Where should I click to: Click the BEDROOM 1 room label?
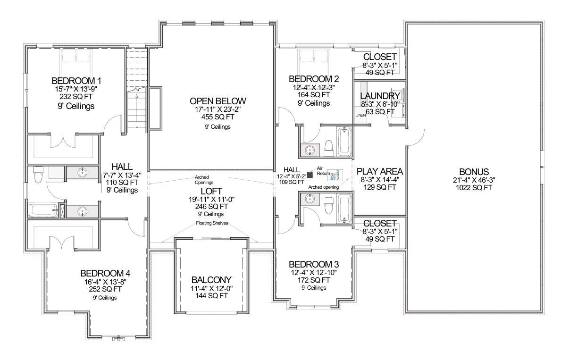tap(76, 80)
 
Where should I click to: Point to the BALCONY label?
tap(211, 279)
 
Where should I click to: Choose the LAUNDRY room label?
tap(380, 96)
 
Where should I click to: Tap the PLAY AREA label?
tap(380, 171)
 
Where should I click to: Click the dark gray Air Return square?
tap(310, 175)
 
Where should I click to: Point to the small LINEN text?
tap(360, 115)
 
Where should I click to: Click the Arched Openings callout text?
tap(204, 180)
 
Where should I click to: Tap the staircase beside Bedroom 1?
tap(137, 90)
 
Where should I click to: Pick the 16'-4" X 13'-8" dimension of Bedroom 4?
tap(105, 282)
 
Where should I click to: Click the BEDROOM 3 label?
tap(313, 264)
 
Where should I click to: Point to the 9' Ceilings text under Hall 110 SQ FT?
tap(122, 190)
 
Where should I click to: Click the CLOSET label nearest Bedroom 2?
tap(380, 57)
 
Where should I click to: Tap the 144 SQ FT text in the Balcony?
tap(211, 296)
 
